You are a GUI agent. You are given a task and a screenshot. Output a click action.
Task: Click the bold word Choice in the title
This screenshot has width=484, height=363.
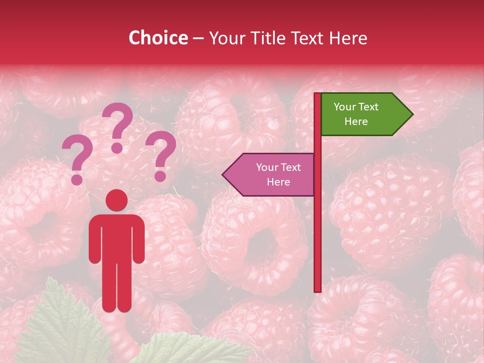click(x=158, y=38)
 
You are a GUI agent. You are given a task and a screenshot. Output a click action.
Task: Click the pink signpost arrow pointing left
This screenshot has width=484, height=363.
click(x=270, y=174)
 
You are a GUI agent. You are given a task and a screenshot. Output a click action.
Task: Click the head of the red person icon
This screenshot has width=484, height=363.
click(x=116, y=200)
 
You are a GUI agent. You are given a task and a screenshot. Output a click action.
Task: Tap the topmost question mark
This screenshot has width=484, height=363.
click(x=118, y=126)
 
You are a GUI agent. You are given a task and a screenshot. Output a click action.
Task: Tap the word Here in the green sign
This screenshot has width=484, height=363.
click(x=356, y=122)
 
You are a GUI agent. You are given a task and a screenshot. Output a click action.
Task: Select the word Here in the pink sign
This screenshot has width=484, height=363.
click(x=278, y=182)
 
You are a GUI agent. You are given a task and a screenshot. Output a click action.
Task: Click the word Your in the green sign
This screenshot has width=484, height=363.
click(x=345, y=107)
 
